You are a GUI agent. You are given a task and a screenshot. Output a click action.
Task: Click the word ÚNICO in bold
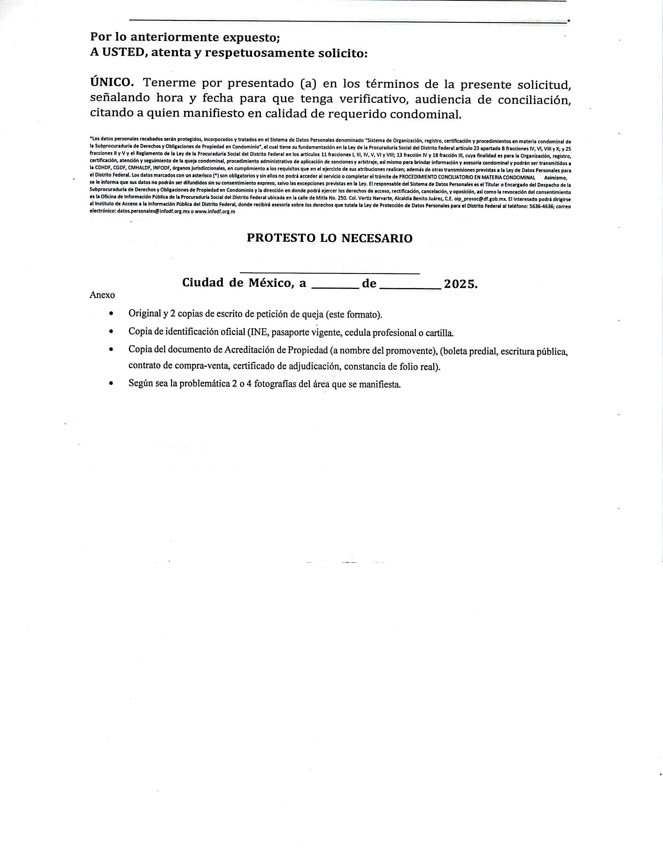click(112, 82)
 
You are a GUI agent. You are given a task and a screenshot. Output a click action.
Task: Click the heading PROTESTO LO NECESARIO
click(330, 238)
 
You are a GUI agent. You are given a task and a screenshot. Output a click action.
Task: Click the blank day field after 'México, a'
click(335, 286)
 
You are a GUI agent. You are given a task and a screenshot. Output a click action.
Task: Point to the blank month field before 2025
click(410, 286)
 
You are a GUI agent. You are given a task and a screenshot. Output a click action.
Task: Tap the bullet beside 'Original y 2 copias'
click(112, 314)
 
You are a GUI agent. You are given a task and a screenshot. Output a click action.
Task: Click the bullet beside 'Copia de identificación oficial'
click(112, 331)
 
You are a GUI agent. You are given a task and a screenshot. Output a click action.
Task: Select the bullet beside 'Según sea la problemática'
click(112, 383)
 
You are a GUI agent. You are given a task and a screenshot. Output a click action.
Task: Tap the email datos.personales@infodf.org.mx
click(153, 211)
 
